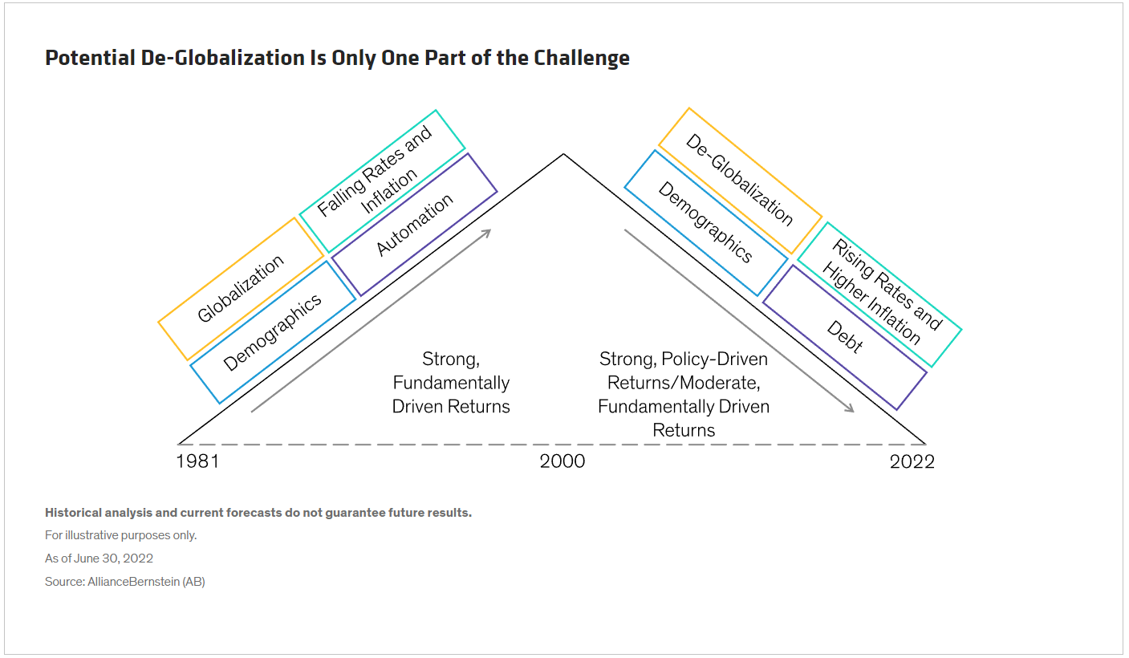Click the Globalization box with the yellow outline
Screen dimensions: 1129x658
coord(241,289)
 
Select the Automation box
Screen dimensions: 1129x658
coord(414,225)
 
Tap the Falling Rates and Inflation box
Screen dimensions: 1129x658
coord(382,181)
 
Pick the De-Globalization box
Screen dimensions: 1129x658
coord(740,180)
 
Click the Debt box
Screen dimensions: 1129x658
coord(845,337)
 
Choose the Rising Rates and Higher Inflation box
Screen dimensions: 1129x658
coord(879,294)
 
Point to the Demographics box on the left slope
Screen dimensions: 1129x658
coord(273,331)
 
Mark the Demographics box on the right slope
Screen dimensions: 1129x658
coord(705,222)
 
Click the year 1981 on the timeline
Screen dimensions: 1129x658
coord(197,461)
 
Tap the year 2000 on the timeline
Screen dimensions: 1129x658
coord(562,461)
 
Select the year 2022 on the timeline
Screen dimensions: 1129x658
coord(912,461)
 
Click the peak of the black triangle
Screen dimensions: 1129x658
coord(563,154)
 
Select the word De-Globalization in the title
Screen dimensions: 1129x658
coord(223,58)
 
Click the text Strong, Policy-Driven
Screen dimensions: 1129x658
coord(683,359)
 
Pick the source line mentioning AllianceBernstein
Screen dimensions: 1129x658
coord(125,581)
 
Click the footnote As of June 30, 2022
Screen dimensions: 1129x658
coord(99,558)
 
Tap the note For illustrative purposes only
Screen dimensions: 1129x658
coord(120,535)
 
